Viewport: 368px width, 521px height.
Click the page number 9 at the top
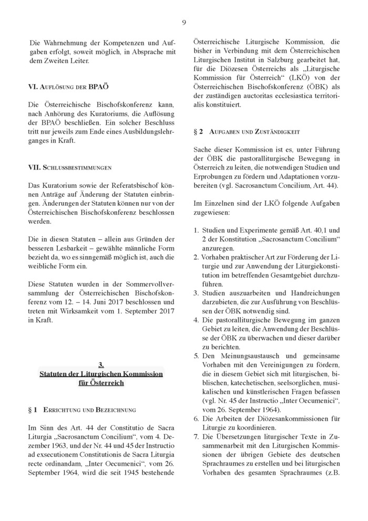pos(184,22)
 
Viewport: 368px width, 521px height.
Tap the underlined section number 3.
pos(101,364)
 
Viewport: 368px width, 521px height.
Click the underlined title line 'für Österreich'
pos(101,383)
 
